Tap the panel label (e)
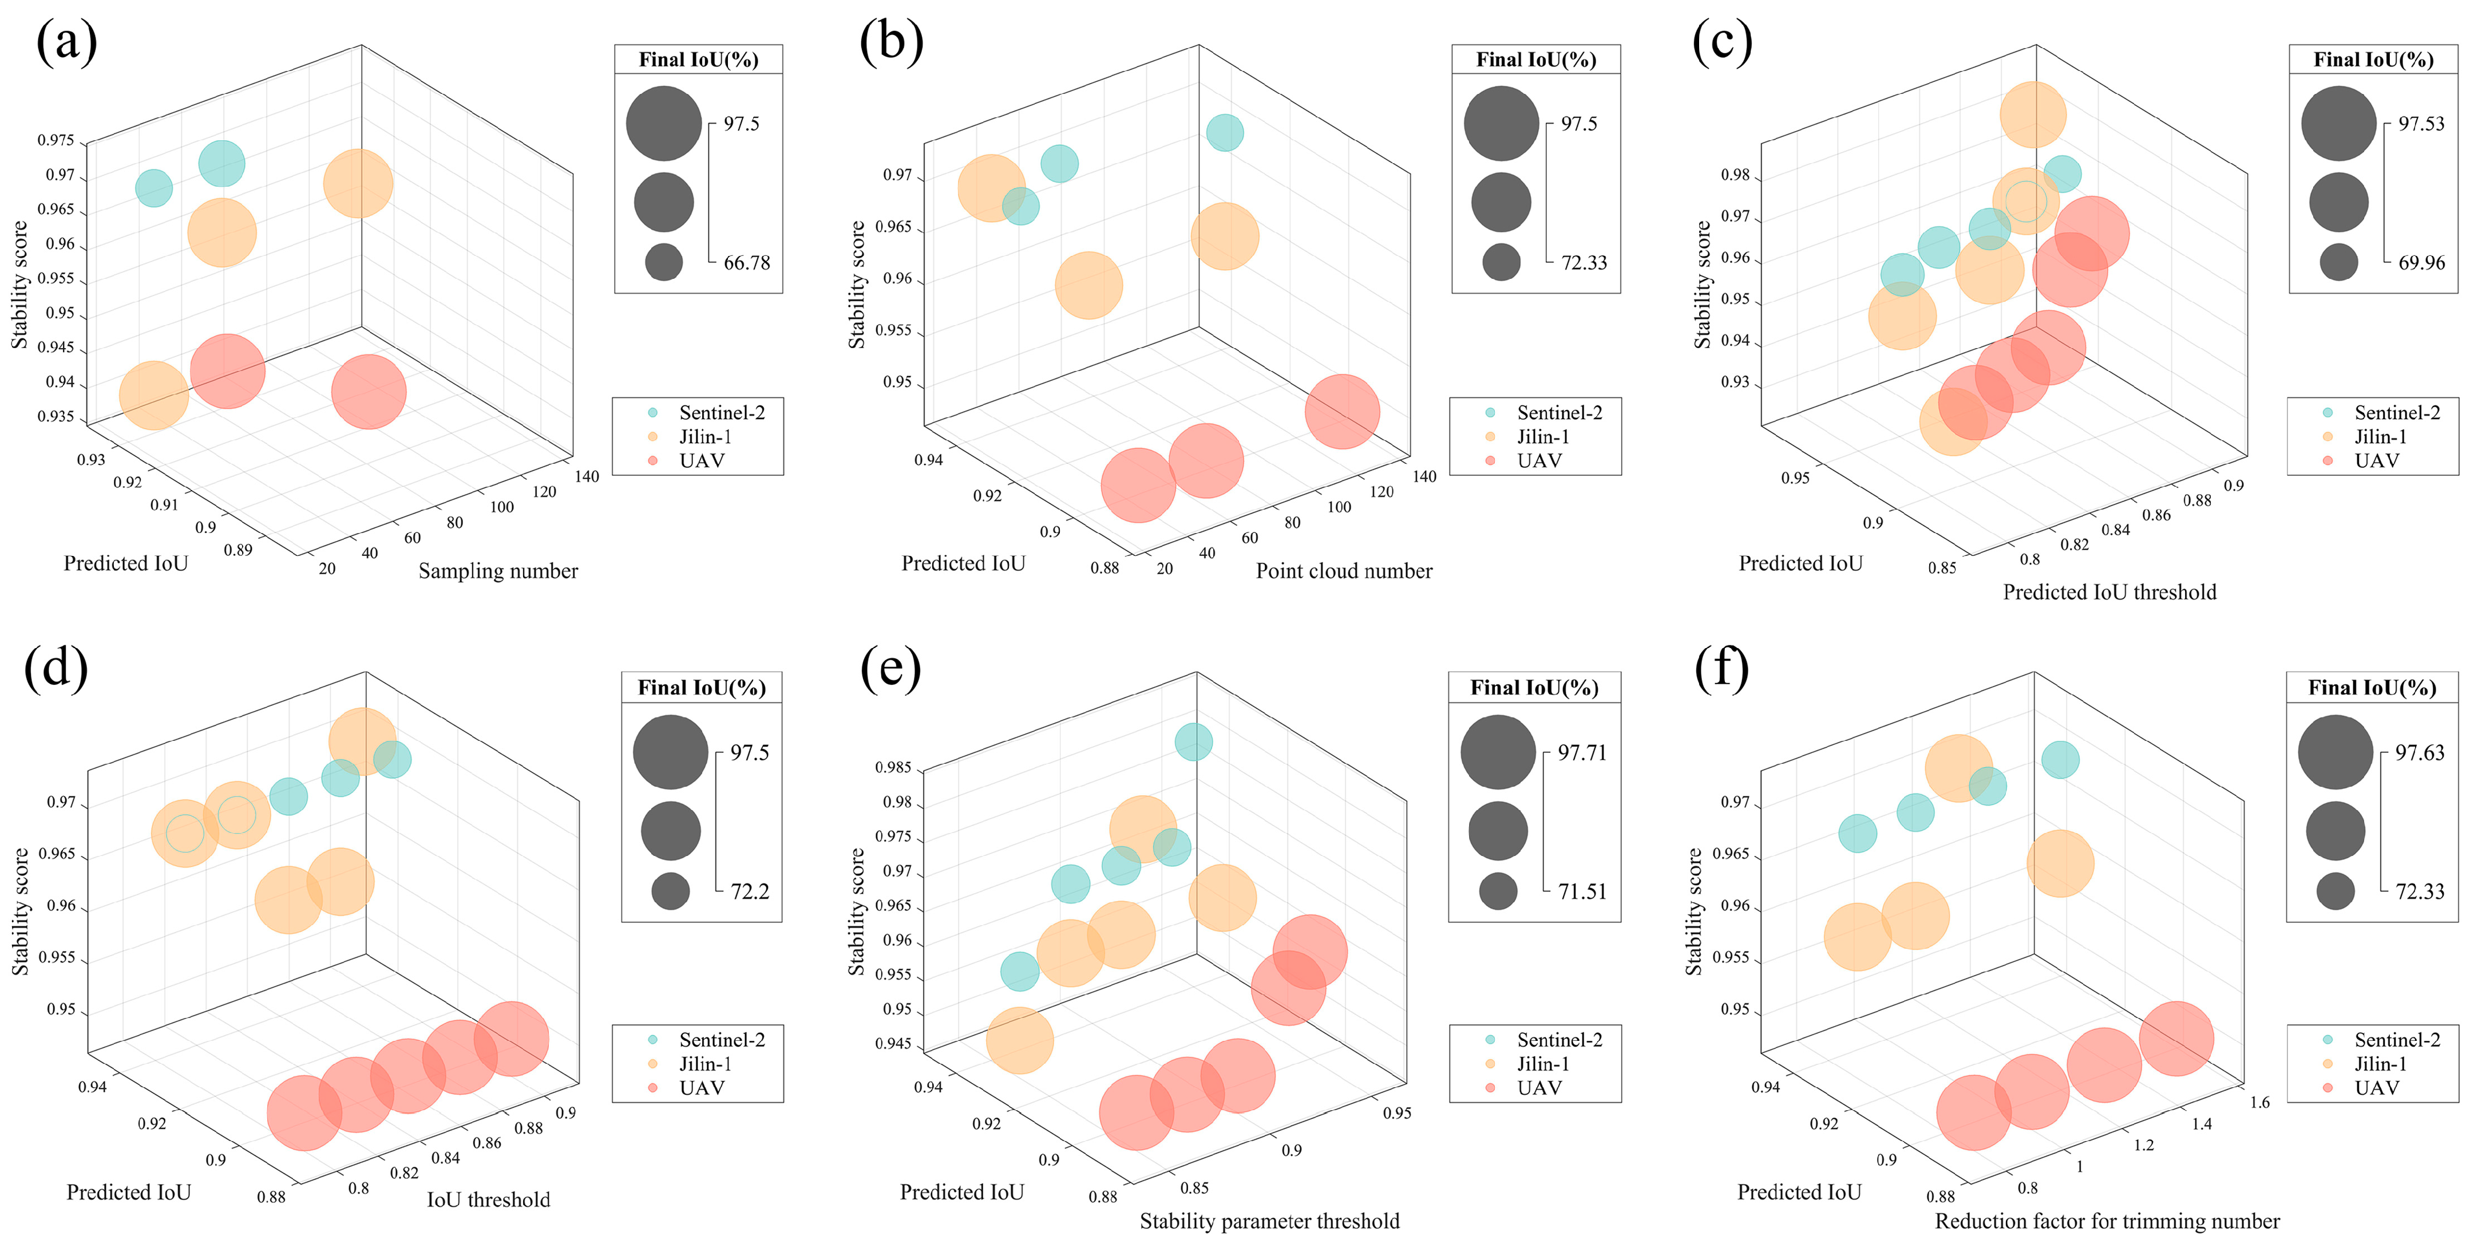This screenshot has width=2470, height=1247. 890,669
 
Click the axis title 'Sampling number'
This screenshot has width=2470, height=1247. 498,572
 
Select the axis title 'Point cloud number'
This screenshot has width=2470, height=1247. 1343,572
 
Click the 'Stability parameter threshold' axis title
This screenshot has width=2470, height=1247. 1269,1221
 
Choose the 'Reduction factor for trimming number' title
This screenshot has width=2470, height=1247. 2107,1221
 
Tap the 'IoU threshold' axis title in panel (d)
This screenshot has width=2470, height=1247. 488,1200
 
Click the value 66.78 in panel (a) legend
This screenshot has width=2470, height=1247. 746,263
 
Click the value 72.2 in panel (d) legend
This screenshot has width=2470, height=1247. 749,892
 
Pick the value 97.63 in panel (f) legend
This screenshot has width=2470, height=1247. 2419,753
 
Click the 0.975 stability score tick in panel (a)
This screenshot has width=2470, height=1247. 56,141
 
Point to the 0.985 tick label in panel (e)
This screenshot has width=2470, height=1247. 893,768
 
